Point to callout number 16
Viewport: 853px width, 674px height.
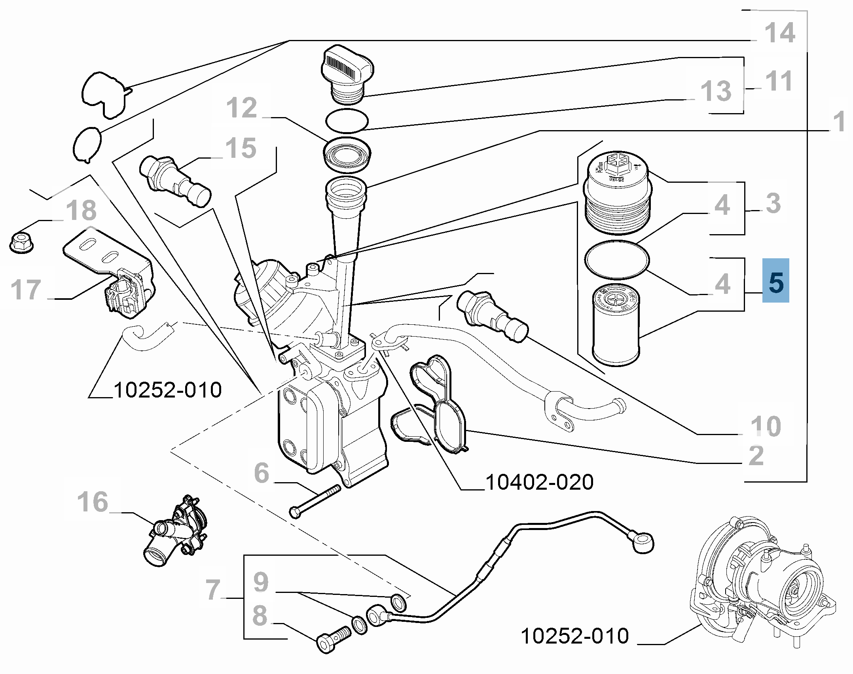[x=93, y=502]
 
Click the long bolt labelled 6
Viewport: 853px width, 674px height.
[x=315, y=501]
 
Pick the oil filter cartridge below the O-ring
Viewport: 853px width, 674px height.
[x=616, y=325]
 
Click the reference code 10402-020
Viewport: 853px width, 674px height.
[x=539, y=482]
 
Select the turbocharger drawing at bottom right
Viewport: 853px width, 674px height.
[x=760, y=581]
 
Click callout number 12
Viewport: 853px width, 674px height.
[x=241, y=108]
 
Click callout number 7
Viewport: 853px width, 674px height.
[x=213, y=590]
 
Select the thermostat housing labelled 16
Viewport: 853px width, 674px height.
[x=176, y=530]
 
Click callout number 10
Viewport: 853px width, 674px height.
[x=766, y=426]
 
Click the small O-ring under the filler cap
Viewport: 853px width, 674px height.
[x=347, y=121]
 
